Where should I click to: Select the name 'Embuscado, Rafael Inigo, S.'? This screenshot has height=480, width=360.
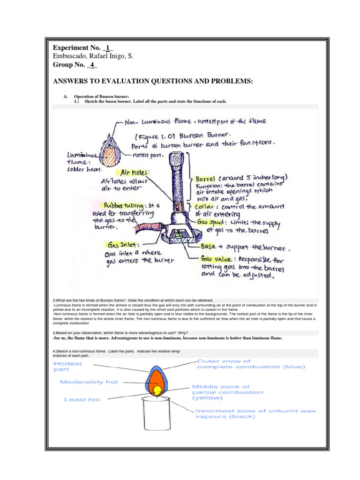93,56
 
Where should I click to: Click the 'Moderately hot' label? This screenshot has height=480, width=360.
88,382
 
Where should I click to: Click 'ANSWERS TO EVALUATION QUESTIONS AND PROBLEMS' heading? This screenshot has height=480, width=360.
153,82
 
